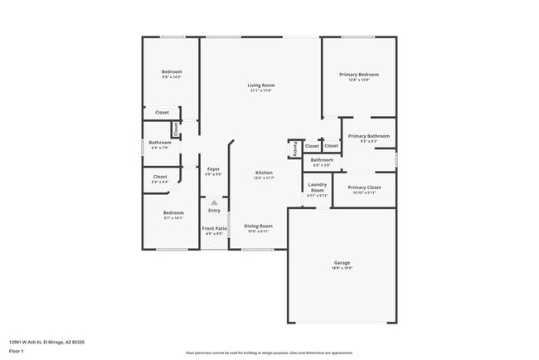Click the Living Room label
coord(260,85)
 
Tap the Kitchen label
coord(264,173)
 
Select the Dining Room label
coord(257,226)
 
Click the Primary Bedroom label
coord(358,75)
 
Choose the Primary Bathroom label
coord(368,136)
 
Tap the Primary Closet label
coord(364,187)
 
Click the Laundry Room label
coord(318,187)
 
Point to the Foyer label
coord(213,168)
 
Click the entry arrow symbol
coord(214,202)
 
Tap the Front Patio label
coord(214,228)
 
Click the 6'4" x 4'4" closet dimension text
coord(160,182)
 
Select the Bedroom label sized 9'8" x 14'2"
coord(172,72)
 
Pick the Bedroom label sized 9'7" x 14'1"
coord(172,212)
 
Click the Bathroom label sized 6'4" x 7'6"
coord(160,143)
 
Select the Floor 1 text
coord(17,348)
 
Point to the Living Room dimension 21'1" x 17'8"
coord(260,90)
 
